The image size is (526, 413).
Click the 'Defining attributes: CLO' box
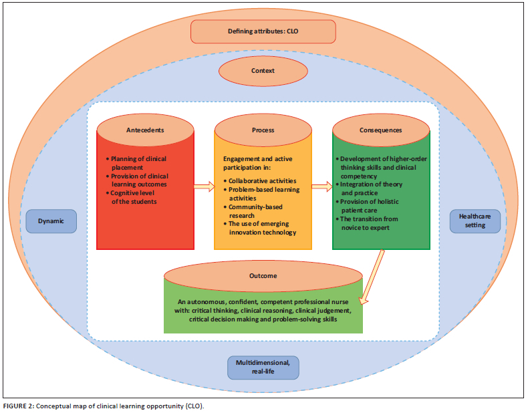[x=263, y=31]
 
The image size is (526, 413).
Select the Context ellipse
[x=263, y=70]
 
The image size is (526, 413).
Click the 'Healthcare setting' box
[x=475, y=221]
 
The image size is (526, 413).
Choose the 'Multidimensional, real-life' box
[x=263, y=366]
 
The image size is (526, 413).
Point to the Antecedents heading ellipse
[x=145, y=130]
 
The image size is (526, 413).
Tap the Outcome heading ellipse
[x=263, y=275]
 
